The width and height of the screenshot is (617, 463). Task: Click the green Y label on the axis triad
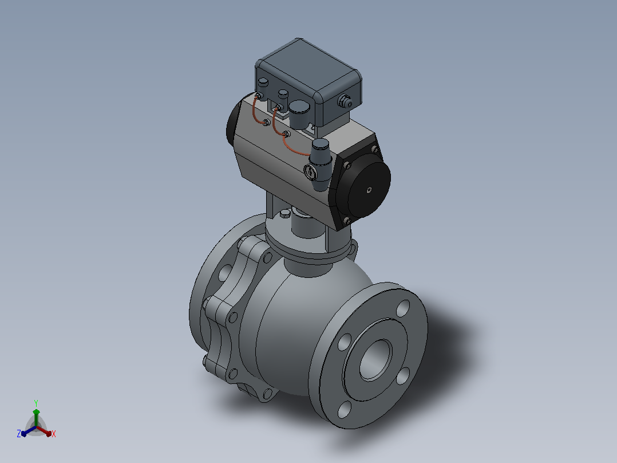coord(36,403)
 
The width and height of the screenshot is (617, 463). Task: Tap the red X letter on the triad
coord(54,434)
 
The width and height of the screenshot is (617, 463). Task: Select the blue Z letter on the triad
coord(18,433)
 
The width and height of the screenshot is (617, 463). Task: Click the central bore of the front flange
coord(376,360)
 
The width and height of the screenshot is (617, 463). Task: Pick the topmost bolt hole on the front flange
coord(403,308)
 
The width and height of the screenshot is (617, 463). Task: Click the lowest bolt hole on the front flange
coord(345,409)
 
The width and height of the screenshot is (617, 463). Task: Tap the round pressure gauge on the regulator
coord(310,171)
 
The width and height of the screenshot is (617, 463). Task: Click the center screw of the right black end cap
coord(369,190)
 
